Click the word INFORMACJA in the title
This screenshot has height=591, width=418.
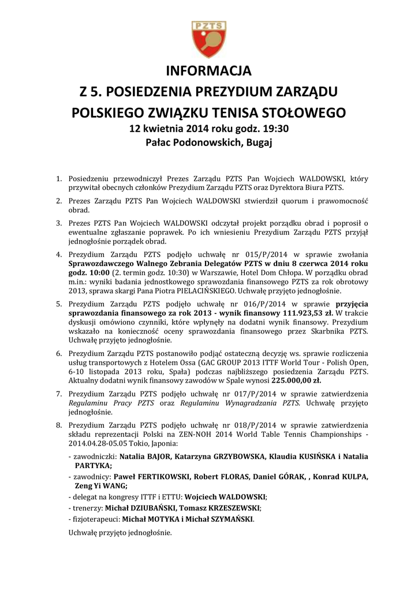click(x=209, y=72)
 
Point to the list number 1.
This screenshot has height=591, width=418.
click(x=58, y=179)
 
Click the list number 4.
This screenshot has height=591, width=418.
click(x=58, y=254)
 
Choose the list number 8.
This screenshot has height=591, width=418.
click(x=58, y=425)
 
